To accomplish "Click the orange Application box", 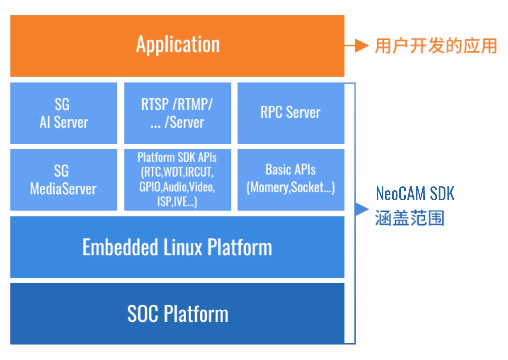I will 177,46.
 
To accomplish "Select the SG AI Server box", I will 64,113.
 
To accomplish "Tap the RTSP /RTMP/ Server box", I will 177,113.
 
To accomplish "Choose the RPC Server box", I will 291,113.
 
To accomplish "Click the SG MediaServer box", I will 64,180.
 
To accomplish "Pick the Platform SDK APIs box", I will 177,180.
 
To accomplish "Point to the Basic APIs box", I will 291,180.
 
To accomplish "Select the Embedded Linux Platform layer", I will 177,247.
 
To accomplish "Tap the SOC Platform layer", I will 177,314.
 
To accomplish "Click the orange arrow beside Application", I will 358,46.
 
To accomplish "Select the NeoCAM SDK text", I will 415,194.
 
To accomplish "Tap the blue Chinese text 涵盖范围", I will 410,218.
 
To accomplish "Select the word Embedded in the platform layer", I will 120,247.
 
